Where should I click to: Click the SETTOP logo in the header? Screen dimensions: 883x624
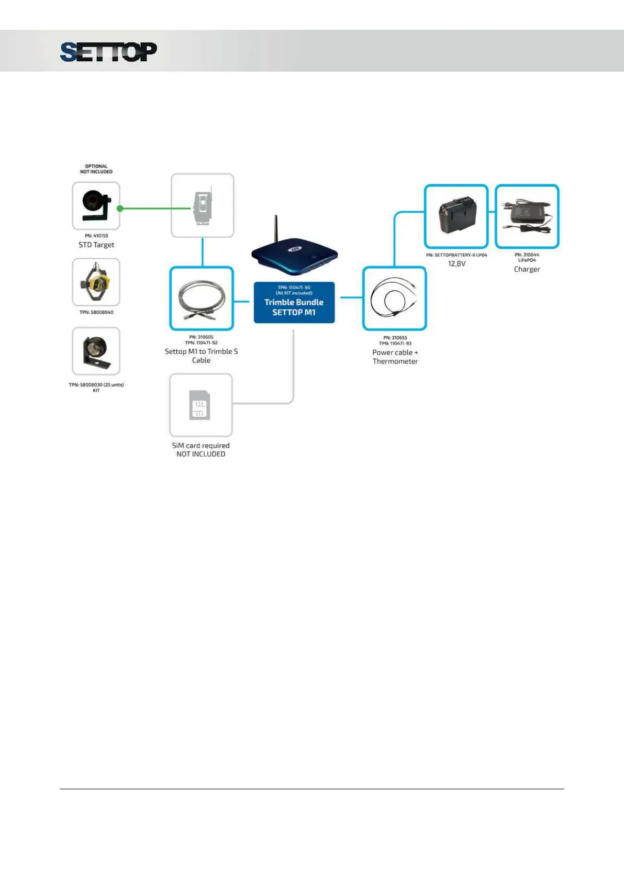tap(108, 52)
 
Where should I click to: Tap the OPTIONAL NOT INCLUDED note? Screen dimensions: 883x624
tap(96, 169)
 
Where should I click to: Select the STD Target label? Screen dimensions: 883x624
tap(96, 245)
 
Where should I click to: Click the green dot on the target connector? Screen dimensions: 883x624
tap(120, 208)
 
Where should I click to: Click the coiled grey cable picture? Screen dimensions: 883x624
tap(202, 299)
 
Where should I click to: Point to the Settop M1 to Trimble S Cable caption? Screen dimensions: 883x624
tap(201, 356)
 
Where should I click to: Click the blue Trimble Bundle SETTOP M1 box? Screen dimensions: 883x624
tap(294, 303)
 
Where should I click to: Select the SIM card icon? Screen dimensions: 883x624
tap(200, 405)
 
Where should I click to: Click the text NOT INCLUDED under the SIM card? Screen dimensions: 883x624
tap(201, 454)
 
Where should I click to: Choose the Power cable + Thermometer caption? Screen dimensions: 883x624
tap(395, 357)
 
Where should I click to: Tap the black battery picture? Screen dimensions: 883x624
tap(456, 215)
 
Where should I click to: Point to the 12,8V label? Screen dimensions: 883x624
tap(456, 263)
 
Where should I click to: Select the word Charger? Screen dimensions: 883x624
tap(527, 269)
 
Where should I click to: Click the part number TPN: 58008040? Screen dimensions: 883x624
tap(96, 312)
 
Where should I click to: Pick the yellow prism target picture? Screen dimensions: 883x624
tap(96, 282)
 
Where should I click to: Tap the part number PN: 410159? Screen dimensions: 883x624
tap(96, 236)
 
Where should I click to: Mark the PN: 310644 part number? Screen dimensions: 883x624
tap(527, 255)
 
